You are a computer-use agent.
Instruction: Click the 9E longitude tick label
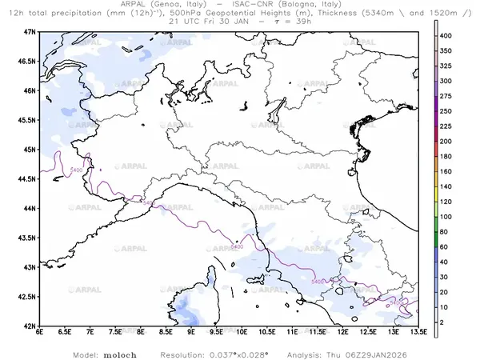tap(191, 333)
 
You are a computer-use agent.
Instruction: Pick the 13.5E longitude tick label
tap(418, 333)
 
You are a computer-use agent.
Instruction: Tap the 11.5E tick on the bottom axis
tap(317, 333)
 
